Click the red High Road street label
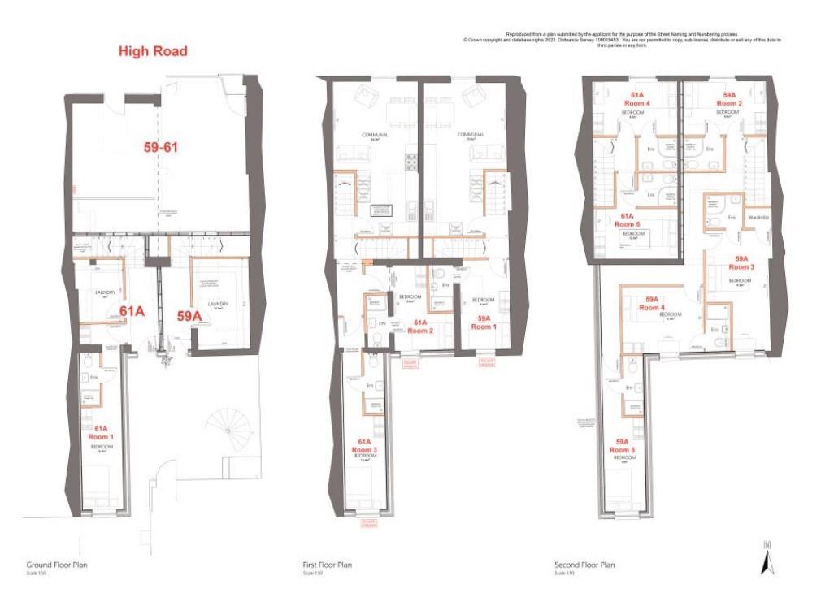(x=153, y=51)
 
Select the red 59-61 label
(x=156, y=148)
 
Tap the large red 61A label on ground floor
(x=131, y=310)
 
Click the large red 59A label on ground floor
(x=189, y=315)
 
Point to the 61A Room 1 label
(x=102, y=432)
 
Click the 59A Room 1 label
(x=484, y=322)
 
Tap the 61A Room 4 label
(x=636, y=100)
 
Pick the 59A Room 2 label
(x=729, y=100)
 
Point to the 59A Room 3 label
(x=741, y=262)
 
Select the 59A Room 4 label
(x=651, y=303)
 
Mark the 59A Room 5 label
(x=622, y=445)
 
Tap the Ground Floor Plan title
(x=57, y=565)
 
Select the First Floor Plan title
(x=327, y=565)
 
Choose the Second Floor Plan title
(x=584, y=565)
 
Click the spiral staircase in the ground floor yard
(x=222, y=423)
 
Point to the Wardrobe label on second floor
(x=758, y=218)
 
